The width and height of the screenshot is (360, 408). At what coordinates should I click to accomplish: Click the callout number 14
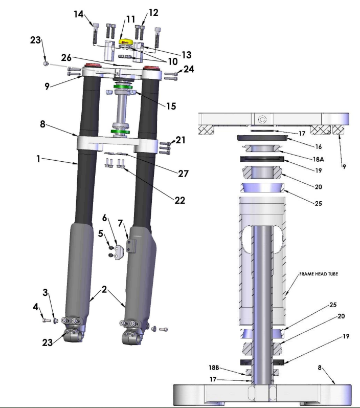click(x=79, y=14)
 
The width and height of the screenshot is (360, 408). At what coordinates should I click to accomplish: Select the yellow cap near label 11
click(x=125, y=41)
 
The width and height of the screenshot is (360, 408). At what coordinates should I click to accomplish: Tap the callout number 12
click(x=153, y=12)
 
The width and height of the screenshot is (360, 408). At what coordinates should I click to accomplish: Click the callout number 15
click(x=171, y=106)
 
